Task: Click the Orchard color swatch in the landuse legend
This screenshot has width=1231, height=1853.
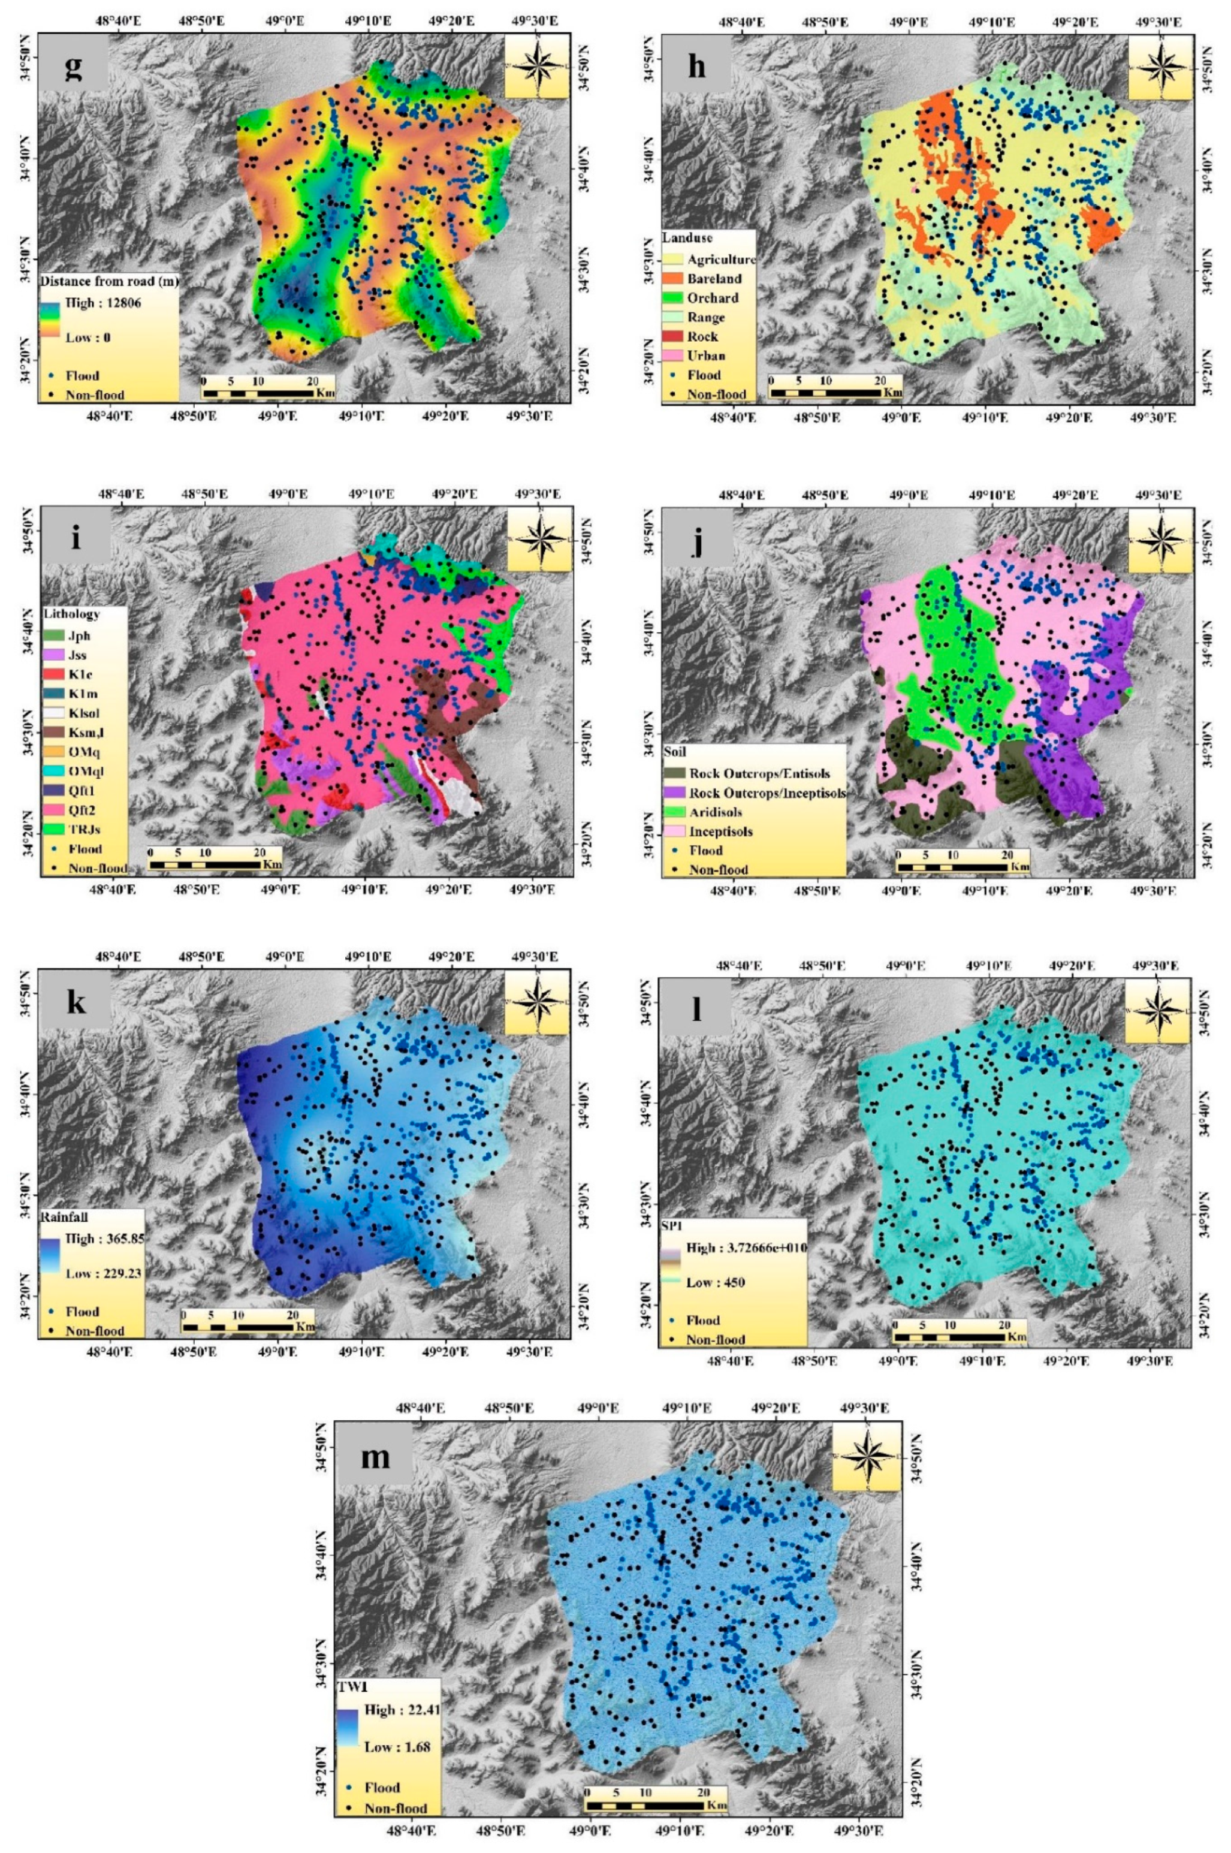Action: click(674, 297)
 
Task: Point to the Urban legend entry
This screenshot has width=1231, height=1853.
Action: click(705, 355)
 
